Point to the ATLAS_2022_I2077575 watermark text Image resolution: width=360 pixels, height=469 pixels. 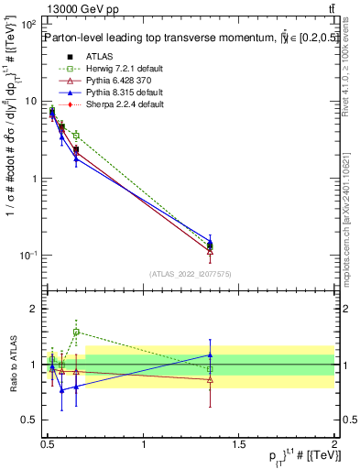point(190,274)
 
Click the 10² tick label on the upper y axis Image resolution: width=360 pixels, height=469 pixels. point(30,25)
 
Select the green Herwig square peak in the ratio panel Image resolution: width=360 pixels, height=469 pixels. point(76,332)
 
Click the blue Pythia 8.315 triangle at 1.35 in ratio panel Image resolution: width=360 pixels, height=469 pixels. point(211,354)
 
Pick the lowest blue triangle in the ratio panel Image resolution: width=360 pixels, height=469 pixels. point(62,390)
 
